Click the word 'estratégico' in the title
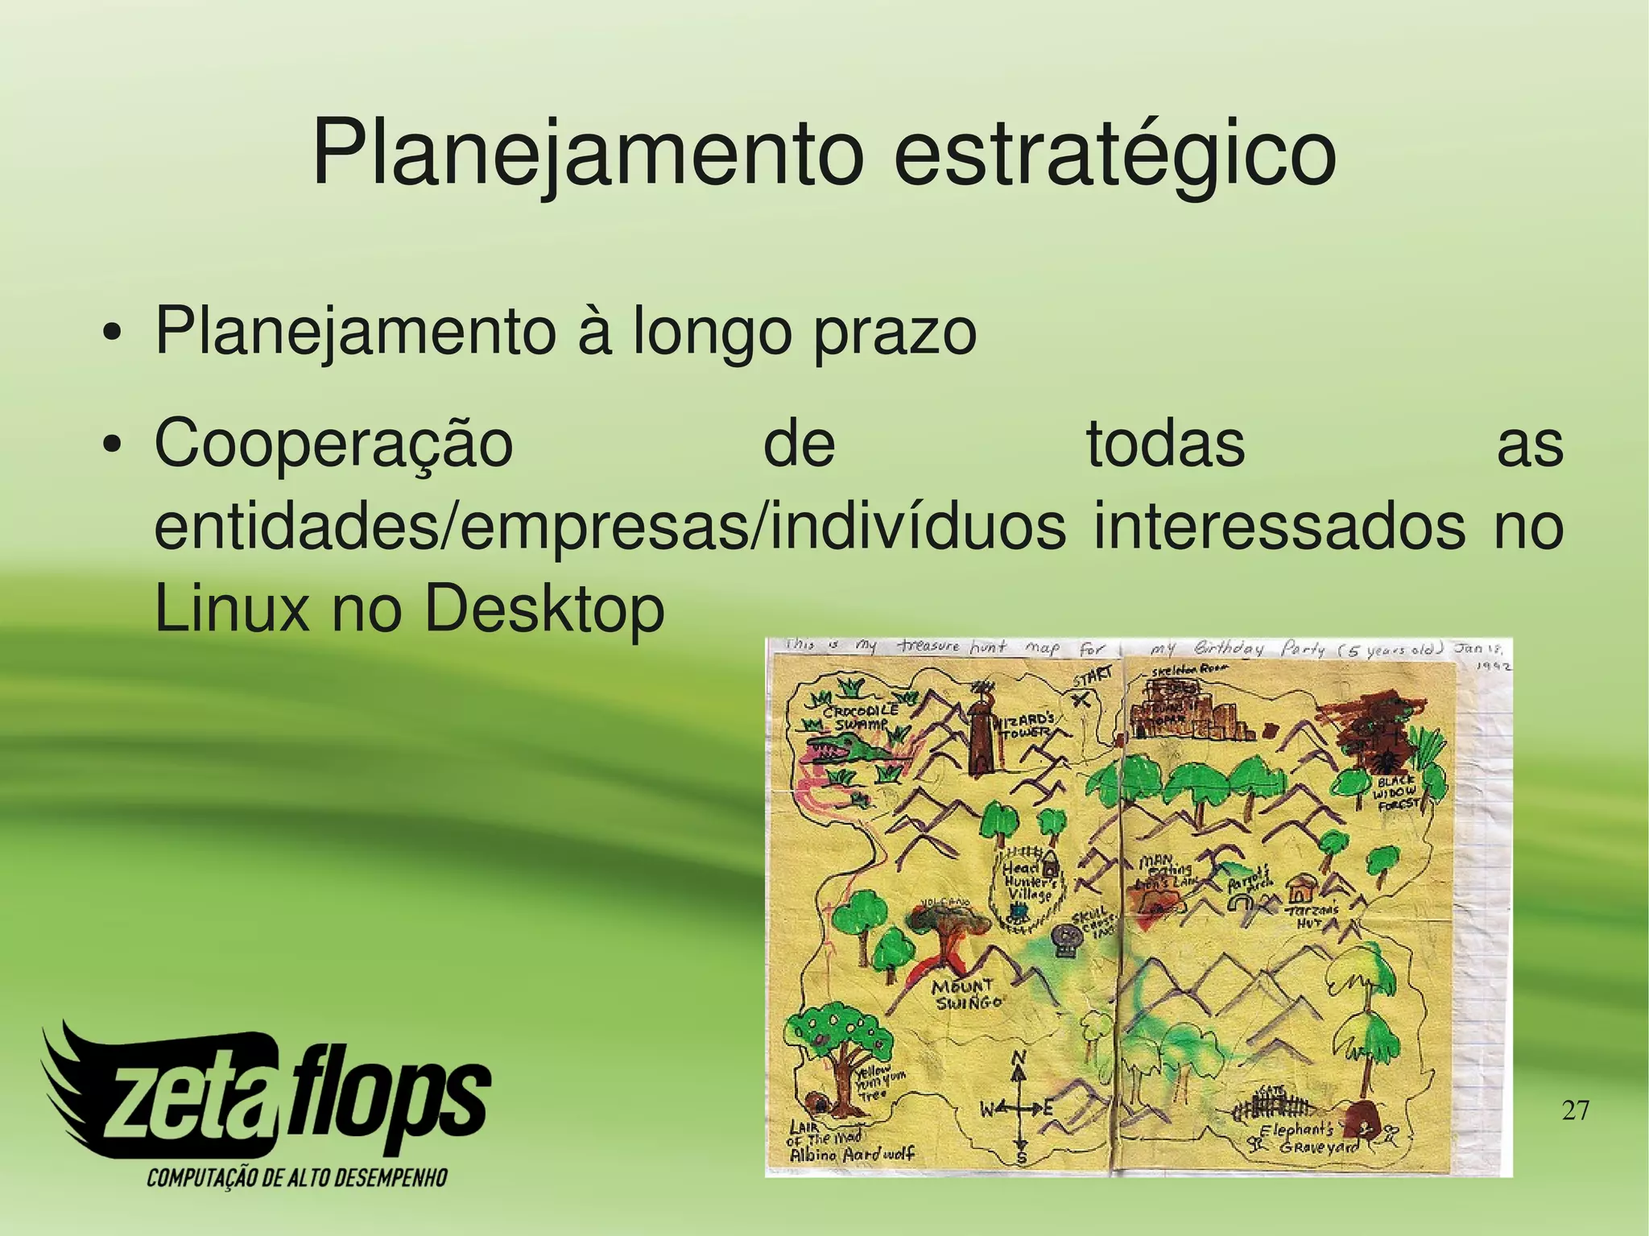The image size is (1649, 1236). click(x=1114, y=153)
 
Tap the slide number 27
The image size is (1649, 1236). click(x=1575, y=1111)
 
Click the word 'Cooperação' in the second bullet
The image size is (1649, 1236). click(x=333, y=444)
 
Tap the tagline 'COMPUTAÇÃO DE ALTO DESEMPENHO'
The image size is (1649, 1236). click(x=296, y=1179)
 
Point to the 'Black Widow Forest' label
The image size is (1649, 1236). click(x=1399, y=794)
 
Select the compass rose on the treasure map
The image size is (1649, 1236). click(x=1020, y=1110)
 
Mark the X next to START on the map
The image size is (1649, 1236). click(x=1085, y=699)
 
